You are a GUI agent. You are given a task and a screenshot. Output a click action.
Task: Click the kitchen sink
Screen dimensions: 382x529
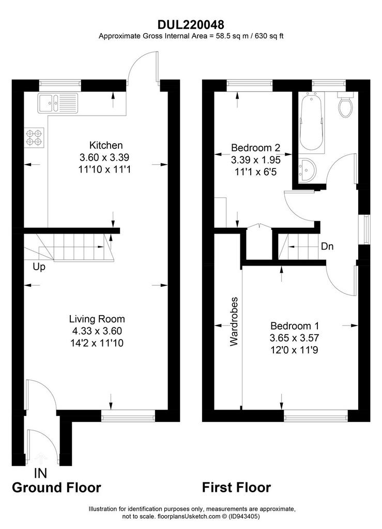[x=58, y=103]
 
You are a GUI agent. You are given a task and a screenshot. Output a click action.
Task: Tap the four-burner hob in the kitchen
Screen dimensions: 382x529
[x=34, y=137]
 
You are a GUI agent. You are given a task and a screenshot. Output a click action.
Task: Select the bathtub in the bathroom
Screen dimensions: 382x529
[x=311, y=123]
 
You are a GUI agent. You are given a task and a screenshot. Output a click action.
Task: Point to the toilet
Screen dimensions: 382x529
[x=345, y=104]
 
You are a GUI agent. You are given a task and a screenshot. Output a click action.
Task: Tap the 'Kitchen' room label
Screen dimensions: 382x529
[x=105, y=145]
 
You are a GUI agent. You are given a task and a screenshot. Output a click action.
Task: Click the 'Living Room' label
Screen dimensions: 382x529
[x=97, y=319]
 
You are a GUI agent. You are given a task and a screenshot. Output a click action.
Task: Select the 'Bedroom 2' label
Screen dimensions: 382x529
[x=255, y=147]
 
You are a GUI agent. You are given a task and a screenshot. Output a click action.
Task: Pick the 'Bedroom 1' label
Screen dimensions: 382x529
[x=295, y=326]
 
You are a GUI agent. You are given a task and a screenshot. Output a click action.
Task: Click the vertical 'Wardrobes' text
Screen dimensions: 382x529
[x=234, y=321]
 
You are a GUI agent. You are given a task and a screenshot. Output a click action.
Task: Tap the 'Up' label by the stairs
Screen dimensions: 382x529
[x=39, y=267]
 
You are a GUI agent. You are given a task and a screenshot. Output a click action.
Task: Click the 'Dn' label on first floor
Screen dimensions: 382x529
[x=327, y=246]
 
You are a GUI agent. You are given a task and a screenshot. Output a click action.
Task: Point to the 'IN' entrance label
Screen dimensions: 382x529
[x=40, y=473]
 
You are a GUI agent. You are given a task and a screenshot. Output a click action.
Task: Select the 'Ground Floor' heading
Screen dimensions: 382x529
[x=56, y=488]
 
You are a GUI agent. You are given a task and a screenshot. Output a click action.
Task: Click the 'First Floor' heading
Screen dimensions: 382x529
[x=236, y=488]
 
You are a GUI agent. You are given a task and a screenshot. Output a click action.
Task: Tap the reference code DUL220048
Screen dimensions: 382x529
[x=191, y=25]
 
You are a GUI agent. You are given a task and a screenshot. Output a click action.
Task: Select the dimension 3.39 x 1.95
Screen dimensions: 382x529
[x=255, y=160]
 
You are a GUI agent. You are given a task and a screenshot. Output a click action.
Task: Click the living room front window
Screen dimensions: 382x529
[x=128, y=416]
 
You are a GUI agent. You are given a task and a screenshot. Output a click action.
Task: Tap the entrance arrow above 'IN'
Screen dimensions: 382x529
[x=40, y=459]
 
